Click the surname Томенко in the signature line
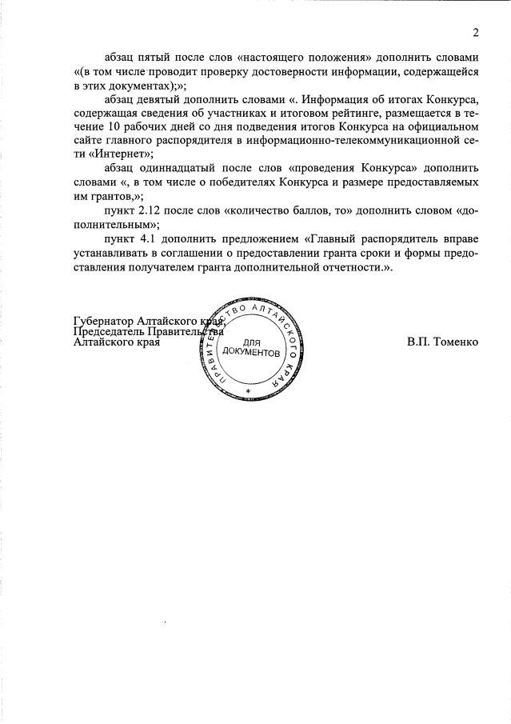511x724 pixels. point(455,342)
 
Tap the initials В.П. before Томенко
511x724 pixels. point(417,342)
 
